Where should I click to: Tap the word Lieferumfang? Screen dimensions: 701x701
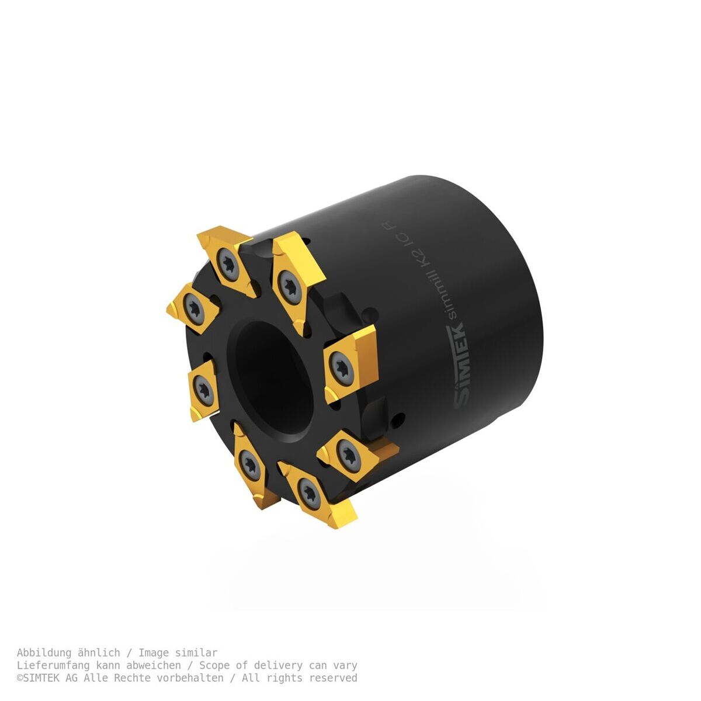[x=53, y=665]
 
